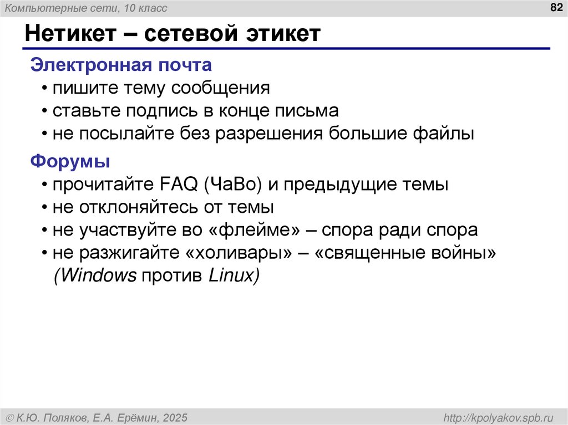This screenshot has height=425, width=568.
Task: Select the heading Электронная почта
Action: (x=121, y=65)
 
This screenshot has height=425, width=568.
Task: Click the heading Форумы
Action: (x=70, y=162)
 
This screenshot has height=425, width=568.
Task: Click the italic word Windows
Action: (x=95, y=276)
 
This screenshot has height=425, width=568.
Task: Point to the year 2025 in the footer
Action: (x=174, y=417)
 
